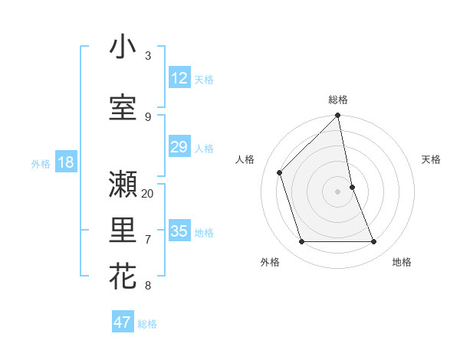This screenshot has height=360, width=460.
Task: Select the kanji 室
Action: pyautogui.click(x=123, y=107)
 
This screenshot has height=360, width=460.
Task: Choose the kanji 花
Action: pyautogui.click(x=123, y=277)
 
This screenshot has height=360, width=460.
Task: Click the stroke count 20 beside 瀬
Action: pyautogui.click(x=148, y=193)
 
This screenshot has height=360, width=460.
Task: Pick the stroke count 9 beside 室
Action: pyautogui.click(x=148, y=116)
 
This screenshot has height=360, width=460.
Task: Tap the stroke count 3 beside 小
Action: pyautogui.click(x=148, y=55)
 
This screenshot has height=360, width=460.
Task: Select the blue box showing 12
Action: pyautogui.click(x=179, y=77)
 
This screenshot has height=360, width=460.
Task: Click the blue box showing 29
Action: pyautogui.click(x=179, y=147)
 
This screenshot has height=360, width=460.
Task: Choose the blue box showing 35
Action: pyautogui.click(x=179, y=231)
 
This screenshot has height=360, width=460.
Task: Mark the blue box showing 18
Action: pyautogui.click(x=65, y=162)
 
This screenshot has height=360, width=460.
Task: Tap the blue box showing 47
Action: pyautogui.click(x=123, y=322)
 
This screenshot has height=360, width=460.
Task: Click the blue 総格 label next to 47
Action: pyautogui.click(x=147, y=324)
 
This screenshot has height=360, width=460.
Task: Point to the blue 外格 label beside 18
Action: pyautogui.click(x=40, y=163)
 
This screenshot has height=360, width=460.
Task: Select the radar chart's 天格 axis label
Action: pyautogui.click(x=431, y=159)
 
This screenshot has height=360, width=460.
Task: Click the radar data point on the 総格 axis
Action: pyautogui.click(x=337, y=116)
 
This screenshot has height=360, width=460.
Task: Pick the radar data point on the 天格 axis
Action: pyautogui.click(x=353, y=187)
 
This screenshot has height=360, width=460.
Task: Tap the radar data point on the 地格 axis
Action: pyautogui.click(x=374, y=242)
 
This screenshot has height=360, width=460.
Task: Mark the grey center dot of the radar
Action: pyautogui.click(x=337, y=191)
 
